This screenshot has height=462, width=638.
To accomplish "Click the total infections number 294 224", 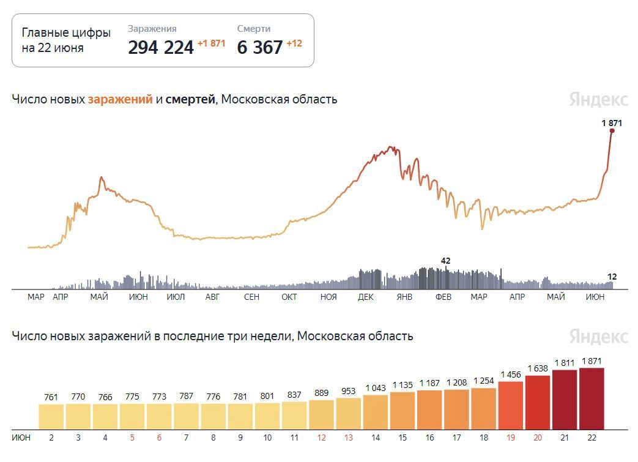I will pyautogui.click(x=161, y=47).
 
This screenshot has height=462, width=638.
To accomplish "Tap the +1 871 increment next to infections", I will pyautogui.click(x=211, y=43).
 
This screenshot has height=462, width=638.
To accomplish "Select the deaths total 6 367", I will pyautogui.click(x=260, y=47).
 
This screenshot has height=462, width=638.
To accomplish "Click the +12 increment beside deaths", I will pyautogui.click(x=294, y=43).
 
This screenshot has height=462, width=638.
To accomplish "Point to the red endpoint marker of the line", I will pyautogui.click(x=612, y=130).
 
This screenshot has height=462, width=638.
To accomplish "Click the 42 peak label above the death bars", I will pyautogui.click(x=445, y=261).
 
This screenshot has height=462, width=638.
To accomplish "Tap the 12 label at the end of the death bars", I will pyautogui.click(x=612, y=277).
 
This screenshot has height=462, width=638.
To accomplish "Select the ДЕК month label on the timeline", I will pyautogui.click(x=366, y=297).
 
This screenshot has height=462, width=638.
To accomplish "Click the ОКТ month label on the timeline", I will pyautogui.click(x=289, y=297).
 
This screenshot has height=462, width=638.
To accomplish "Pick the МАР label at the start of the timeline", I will pyautogui.click(x=36, y=297).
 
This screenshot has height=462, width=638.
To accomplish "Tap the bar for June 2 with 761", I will pyautogui.click(x=51, y=416).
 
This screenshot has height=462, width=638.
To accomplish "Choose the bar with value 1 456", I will pyautogui.click(x=511, y=405).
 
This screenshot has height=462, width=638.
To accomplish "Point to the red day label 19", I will pyautogui.click(x=511, y=438).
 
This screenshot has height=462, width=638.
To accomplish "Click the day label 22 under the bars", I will pyautogui.click(x=592, y=438).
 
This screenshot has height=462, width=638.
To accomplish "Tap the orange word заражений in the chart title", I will pyautogui.click(x=120, y=99).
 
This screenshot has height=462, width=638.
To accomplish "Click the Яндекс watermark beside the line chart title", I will pyautogui.click(x=598, y=100).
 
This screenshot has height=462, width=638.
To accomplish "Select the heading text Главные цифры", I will pyautogui.click(x=66, y=33).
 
